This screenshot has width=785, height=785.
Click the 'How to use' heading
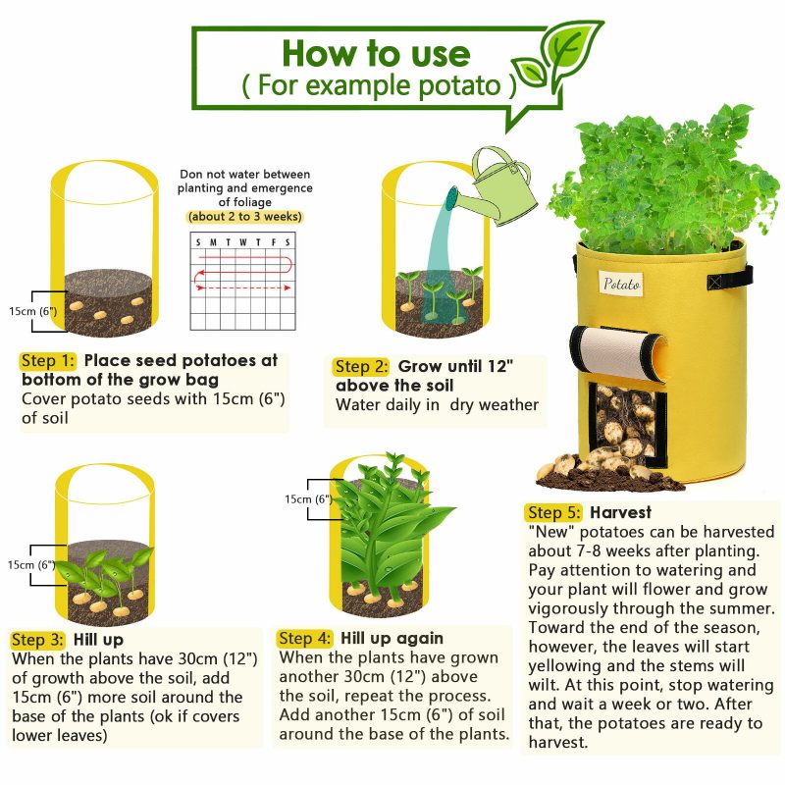coord(376,53)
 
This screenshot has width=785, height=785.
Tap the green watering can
coord(500,187)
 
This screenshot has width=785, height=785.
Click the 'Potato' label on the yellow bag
coord(621,284)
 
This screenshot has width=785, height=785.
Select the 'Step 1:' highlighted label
coord(47,361)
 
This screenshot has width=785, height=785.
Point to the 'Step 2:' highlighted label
coord(361,366)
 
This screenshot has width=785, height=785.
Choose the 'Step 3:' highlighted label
coord(37,640)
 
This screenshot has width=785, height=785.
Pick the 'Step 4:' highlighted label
coord(305,639)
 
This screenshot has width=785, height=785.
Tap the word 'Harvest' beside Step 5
coord(621,512)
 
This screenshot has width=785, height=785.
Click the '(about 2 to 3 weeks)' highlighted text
coord(244,217)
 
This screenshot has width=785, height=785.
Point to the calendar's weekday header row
coord(242,242)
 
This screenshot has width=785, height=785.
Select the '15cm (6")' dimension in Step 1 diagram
coord(33,311)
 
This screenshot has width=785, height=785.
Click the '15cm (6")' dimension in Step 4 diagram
coord(308,499)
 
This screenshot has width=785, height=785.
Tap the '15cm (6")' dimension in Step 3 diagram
coord(31,565)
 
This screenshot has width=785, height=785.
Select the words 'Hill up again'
coord(392,639)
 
